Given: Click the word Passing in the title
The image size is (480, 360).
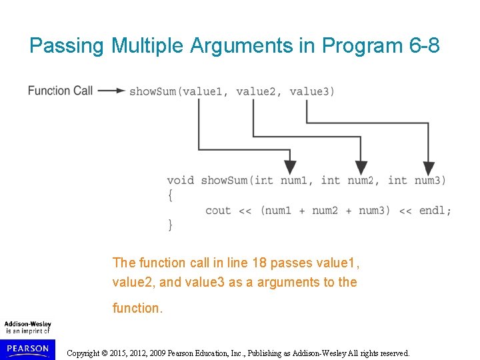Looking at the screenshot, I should click(67, 46).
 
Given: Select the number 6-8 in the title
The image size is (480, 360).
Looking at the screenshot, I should click(423, 46).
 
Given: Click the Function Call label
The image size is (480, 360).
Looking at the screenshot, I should click(60, 91).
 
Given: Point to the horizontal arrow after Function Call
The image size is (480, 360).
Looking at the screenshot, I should click(112, 91).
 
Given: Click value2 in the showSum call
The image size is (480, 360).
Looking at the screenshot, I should click(255, 91).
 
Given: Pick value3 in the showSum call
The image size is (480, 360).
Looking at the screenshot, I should click(309, 91).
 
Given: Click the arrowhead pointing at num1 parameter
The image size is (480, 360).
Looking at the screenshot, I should click(290, 167).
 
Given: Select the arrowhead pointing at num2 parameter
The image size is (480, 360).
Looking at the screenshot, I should click(361, 167).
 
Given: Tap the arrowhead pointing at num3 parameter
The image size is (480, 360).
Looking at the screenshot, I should click(429, 167).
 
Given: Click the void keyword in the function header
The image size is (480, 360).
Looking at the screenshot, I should click(181, 180).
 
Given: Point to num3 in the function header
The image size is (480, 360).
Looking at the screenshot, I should click(431, 180).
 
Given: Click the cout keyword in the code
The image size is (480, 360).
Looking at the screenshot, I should click(219, 211).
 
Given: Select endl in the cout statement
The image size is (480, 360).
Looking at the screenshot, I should click(432, 211).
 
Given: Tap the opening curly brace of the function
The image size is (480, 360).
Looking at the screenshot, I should click(170, 195).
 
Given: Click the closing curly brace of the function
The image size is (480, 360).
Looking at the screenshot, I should click(170, 225).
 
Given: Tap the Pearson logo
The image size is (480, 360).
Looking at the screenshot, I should click(28, 348).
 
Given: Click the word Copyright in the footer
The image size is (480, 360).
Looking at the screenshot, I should click(88, 353).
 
